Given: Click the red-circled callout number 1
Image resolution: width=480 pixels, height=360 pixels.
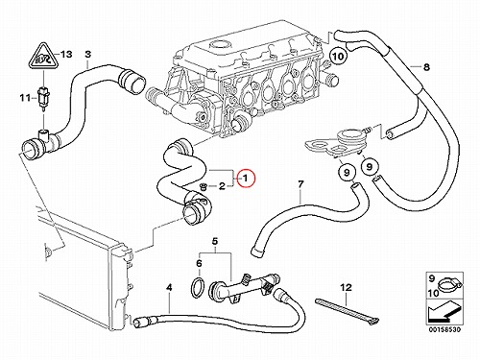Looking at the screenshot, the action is click(x=246, y=179).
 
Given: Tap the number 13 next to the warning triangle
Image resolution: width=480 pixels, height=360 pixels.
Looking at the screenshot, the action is click(x=66, y=55).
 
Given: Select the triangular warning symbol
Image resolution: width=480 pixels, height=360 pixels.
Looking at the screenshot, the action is click(x=42, y=57).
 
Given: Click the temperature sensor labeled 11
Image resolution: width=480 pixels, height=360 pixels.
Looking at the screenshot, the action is click(x=42, y=95).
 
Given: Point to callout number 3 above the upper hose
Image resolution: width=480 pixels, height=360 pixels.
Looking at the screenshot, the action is click(x=87, y=54).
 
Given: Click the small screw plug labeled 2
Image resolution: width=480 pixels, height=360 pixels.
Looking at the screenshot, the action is click(x=203, y=186).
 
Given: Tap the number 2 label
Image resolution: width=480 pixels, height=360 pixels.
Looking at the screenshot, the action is click(x=222, y=186).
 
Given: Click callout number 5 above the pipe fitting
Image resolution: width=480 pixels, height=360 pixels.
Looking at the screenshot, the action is click(x=215, y=242).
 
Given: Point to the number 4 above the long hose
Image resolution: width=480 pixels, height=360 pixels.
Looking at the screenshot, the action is click(x=169, y=288).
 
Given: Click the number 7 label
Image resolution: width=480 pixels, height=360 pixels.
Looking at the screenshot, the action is click(x=300, y=184).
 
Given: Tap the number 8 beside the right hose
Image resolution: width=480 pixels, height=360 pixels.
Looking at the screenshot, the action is click(x=426, y=67).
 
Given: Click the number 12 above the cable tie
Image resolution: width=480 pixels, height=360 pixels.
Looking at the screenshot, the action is click(x=346, y=288).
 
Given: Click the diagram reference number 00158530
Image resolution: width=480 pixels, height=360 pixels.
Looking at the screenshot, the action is click(x=444, y=329).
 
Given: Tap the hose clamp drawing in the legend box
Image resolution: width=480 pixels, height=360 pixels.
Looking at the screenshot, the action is click(x=449, y=285).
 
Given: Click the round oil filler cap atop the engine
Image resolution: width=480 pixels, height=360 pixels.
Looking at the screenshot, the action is click(x=218, y=45).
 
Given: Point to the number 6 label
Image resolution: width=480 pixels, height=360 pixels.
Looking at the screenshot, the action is click(x=199, y=264).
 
